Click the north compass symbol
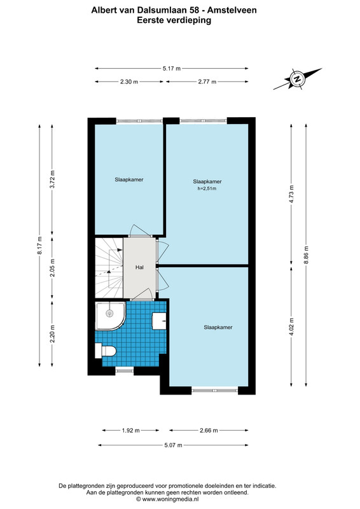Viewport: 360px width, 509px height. (296, 79)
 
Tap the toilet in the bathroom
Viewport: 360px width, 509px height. (106, 351)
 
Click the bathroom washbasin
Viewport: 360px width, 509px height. (159, 321)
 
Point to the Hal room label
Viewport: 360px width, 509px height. (139, 267)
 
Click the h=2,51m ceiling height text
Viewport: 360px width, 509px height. (207, 188)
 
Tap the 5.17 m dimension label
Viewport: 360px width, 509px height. (172, 69)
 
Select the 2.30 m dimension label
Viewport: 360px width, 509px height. (129, 82)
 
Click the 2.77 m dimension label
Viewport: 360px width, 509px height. (207, 82)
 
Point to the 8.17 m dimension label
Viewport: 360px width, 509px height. (39, 246)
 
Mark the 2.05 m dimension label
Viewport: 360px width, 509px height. (52, 268)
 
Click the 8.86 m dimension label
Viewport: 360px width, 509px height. (306, 255)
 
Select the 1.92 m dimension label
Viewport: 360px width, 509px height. (131, 431)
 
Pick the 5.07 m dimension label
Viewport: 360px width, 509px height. (173, 445)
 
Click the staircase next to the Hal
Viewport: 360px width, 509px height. (109, 268)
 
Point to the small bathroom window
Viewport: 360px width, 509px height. (125, 369)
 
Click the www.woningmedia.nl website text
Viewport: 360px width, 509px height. (170, 499)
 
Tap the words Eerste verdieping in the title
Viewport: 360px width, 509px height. (174, 20)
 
